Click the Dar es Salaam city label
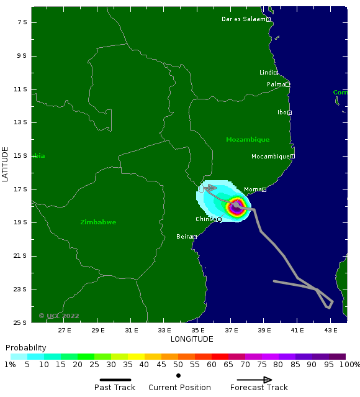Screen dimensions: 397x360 tap(243, 19)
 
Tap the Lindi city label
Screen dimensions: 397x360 tap(266, 73)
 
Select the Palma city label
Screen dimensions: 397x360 tap(275, 84)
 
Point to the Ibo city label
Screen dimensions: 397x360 tap(282, 112)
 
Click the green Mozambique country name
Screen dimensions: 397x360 tap(248, 140)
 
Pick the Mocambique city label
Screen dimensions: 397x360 tap(270, 157)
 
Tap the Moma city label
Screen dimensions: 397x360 tap(252, 189)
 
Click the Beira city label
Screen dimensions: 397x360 tap(184, 237)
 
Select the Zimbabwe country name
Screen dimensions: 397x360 tap(98, 222)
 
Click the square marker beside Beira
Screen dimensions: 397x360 tap(195, 237)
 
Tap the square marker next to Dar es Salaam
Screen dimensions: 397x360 tap(269, 19)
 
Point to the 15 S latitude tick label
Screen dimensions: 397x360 tap(22, 156)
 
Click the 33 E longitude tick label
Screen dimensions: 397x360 tap(164, 331)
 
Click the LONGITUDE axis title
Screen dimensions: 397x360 tap(192, 339)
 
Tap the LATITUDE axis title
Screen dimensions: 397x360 tap(6, 164)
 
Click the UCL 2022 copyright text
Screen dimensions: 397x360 tap(59, 316)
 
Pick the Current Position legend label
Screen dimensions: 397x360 tap(179, 388)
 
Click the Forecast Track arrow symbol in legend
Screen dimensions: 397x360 tap(254, 380)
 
